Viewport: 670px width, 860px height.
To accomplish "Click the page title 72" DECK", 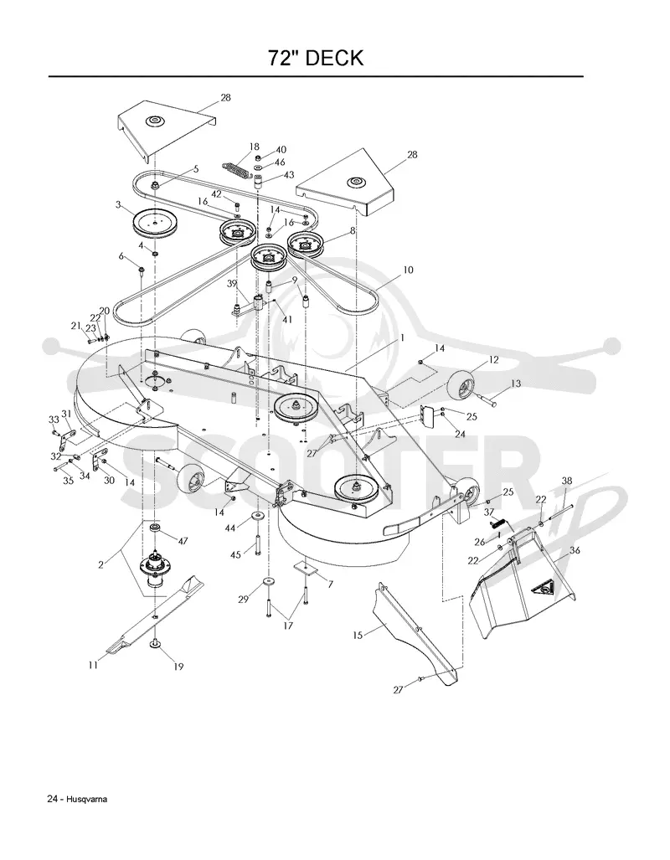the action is click(x=316, y=58).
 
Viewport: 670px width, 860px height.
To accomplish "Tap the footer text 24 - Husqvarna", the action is click(x=77, y=799).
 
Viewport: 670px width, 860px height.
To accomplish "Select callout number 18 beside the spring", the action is click(x=254, y=147).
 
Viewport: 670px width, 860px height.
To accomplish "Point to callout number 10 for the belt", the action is click(x=408, y=270).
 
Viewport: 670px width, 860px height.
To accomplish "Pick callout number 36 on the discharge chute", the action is click(x=575, y=550).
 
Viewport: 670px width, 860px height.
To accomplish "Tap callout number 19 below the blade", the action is click(x=178, y=667).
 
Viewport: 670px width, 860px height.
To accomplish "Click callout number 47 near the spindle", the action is click(x=183, y=541).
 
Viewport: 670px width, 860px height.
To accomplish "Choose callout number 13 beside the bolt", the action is click(x=516, y=384).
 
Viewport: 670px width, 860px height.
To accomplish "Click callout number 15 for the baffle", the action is click(x=358, y=636).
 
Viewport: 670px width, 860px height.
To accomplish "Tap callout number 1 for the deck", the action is click(x=402, y=337).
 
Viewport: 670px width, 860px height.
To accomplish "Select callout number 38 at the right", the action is click(x=567, y=481).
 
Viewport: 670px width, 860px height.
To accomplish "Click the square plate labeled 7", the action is click(x=306, y=567).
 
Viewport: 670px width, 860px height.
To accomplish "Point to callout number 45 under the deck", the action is click(x=235, y=554).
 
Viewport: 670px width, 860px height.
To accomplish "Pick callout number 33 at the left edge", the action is click(x=54, y=419).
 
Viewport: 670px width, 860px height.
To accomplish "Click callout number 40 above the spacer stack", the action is click(x=281, y=150).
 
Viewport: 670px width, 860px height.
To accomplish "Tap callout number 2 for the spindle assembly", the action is click(x=101, y=564).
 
